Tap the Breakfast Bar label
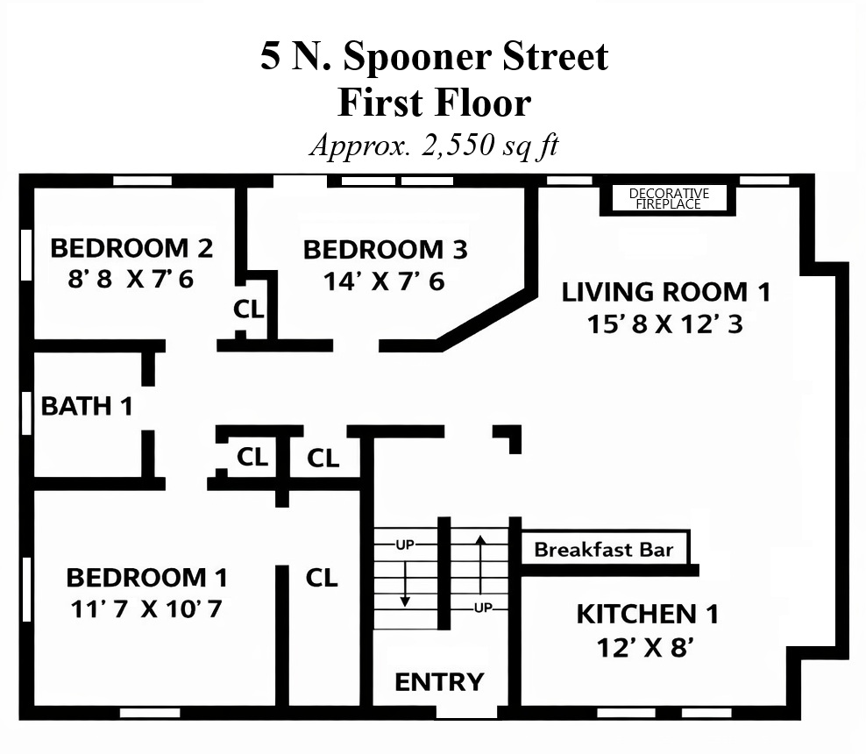pos(604,550)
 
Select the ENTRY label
pos(439,682)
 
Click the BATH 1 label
pos(87,406)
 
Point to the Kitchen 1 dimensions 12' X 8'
pos(644,647)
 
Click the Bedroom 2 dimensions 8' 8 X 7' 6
pos(131,279)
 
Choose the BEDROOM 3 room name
pos(385,250)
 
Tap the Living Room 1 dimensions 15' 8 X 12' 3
pos(664,324)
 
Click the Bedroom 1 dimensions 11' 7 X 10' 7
pos(146,608)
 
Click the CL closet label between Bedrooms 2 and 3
pos(249,309)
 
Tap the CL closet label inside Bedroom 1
pos(322,578)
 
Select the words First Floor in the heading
pos(434,103)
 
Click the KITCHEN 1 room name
pos(647,615)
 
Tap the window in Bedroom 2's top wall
pos(143,181)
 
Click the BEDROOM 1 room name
pos(146,578)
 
